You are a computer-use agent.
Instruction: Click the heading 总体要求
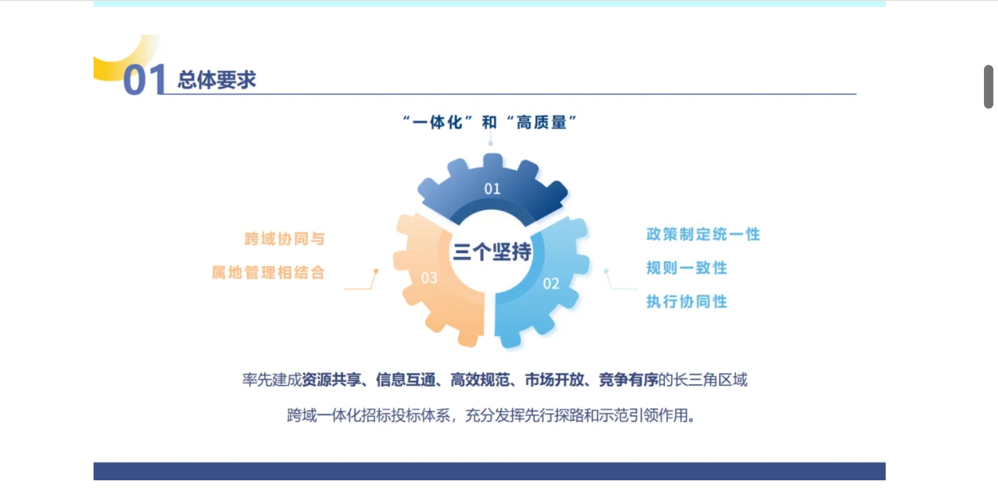217,80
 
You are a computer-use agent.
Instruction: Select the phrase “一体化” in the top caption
437,122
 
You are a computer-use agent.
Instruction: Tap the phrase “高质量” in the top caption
542,122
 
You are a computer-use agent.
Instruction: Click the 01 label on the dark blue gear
492,189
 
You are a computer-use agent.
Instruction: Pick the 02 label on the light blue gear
551,284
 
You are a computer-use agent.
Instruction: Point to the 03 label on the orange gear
429,278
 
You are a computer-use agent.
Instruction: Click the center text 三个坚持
492,252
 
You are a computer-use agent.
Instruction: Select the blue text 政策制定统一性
703,234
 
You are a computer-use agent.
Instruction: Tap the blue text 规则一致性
687,268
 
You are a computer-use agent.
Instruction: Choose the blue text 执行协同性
687,301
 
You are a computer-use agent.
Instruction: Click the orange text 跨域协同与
284,239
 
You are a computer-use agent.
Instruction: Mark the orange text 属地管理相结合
268,272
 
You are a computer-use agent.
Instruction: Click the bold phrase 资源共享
332,380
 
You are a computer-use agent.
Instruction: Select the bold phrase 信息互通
406,380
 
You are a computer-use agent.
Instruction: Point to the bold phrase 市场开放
555,380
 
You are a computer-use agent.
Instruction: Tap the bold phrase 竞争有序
628,380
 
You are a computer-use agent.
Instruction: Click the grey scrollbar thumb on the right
989,87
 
